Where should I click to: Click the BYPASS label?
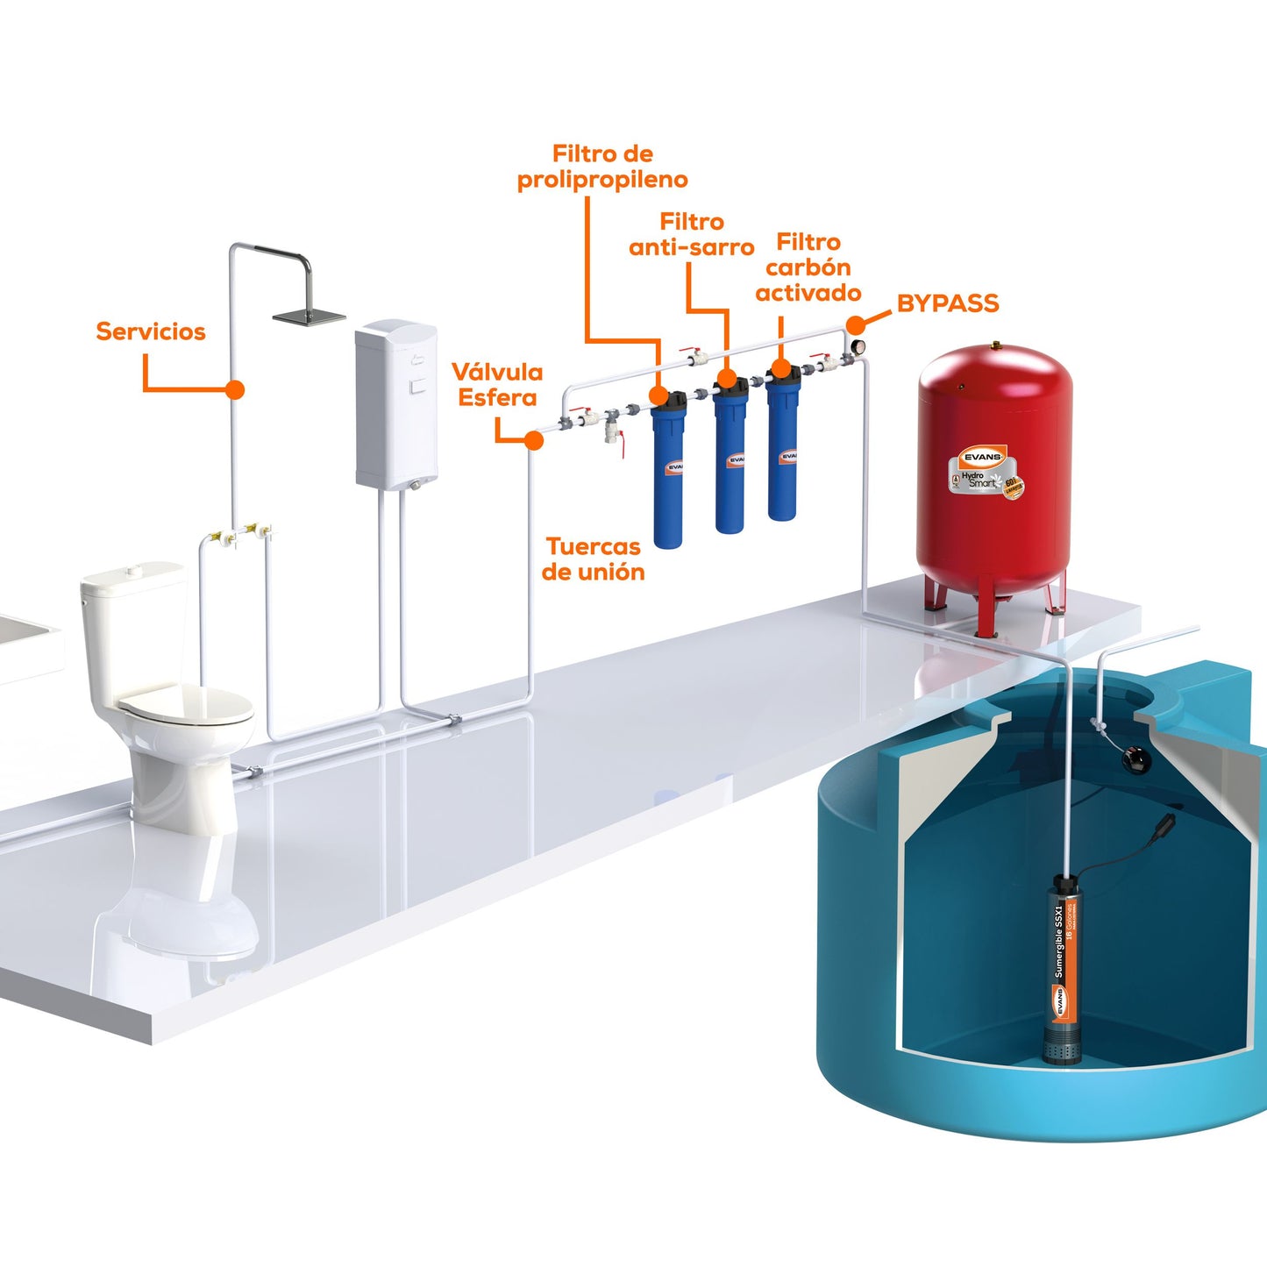click(947, 303)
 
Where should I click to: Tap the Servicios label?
click(150, 331)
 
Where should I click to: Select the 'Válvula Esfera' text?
click(497, 385)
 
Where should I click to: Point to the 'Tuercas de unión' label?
click(593, 559)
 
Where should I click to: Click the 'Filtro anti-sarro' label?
click(692, 234)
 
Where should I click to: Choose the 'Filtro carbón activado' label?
click(808, 267)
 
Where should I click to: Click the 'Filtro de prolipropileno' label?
click(602, 167)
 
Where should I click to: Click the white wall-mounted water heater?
click(395, 403)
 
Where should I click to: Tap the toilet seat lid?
click(185, 705)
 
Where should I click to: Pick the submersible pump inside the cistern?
click(1063, 973)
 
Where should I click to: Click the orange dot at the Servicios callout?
click(234, 389)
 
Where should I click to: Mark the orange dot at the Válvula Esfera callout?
click(534, 440)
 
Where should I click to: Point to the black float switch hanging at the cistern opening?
click(1136, 757)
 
